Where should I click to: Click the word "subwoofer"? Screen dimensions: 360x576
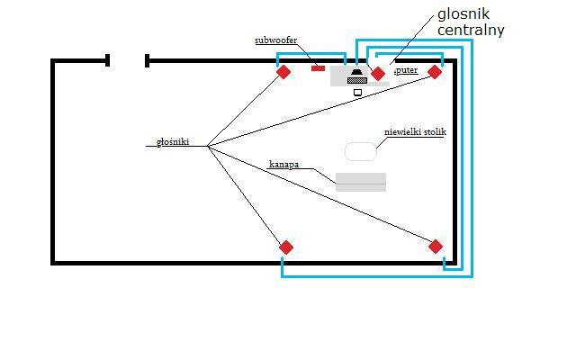click(275, 40)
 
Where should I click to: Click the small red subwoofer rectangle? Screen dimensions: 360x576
click(318, 67)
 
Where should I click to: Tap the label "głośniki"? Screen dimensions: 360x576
click(173, 141)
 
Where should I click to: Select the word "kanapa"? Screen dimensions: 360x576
click(283, 165)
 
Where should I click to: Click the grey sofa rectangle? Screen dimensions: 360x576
click(361, 182)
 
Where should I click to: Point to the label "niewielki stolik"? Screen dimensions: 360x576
click(415, 132)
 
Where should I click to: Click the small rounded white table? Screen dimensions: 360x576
click(361, 151)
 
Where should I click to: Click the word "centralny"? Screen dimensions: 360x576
click(471, 30)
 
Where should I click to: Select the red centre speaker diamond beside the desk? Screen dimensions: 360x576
click(378, 73)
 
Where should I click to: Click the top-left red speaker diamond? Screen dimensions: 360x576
click(283, 72)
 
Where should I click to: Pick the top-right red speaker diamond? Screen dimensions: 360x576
click(435, 72)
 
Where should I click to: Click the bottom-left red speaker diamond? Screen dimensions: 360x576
click(286, 247)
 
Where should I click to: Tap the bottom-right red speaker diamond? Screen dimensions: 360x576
click(436, 247)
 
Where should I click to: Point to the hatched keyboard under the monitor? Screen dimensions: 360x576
click(357, 80)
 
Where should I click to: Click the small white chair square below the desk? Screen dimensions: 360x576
click(357, 92)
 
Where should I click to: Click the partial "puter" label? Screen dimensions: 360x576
click(406, 69)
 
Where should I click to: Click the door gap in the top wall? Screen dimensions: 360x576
click(127, 60)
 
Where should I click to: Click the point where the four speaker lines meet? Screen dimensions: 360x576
click(208, 146)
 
